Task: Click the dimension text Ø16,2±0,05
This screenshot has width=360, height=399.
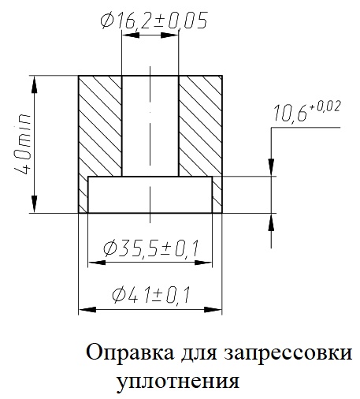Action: tap(154, 21)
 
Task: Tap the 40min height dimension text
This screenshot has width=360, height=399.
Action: tap(23, 144)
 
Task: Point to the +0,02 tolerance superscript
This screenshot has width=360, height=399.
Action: tap(325, 106)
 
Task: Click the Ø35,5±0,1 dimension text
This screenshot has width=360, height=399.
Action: tap(150, 249)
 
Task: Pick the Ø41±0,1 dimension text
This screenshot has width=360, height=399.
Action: tap(150, 295)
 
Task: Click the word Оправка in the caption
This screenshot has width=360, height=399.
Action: tap(130, 353)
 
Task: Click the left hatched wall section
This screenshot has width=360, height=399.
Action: tap(100, 126)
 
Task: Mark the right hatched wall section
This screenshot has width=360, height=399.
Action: tap(200, 126)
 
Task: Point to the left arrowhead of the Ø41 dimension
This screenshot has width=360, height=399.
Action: tap(87, 310)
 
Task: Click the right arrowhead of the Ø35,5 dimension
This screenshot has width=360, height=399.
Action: tap(203, 263)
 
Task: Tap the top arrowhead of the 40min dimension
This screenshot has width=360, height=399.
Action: tap(34, 84)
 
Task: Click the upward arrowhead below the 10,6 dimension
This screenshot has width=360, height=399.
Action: tap(271, 222)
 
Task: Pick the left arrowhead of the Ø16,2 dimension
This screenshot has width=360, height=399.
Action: tap(131, 35)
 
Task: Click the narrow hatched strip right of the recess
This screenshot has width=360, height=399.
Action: tap(217, 195)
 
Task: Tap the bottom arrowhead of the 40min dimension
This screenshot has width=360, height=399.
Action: tap(34, 204)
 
